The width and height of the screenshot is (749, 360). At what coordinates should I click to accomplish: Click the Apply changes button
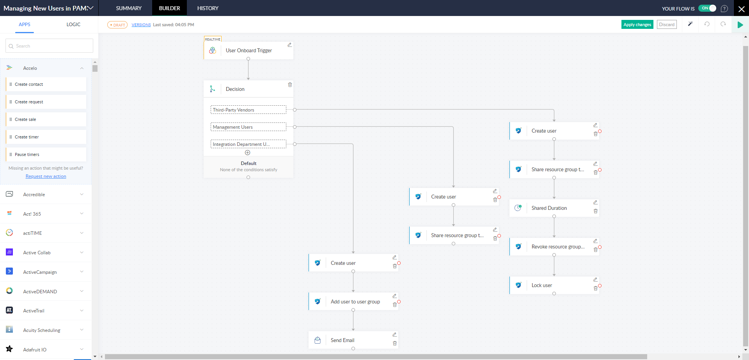pyautogui.click(x=637, y=25)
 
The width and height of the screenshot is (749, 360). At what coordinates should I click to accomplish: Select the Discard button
pyautogui.click(x=667, y=25)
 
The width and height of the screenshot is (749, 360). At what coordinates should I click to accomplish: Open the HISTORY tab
pyautogui.click(x=208, y=8)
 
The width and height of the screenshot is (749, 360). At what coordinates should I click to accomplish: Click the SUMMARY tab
pyautogui.click(x=129, y=8)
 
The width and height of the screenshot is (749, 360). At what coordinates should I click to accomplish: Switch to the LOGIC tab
pyautogui.click(x=73, y=25)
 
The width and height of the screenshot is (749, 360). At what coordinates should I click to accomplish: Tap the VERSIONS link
pyautogui.click(x=141, y=25)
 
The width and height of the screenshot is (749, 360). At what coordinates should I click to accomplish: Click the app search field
pyautogui.click(x=50, y=46)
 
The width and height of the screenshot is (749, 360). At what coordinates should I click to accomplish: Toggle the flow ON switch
pyautogui.click(x=707, y=8)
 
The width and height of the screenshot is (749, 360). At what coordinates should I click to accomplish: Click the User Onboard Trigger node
pyautogui.click(x=248, y=51)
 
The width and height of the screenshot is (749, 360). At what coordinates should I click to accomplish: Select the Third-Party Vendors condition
pyautogui.click(x=248, y=110)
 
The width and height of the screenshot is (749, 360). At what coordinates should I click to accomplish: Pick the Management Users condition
pyautogui.click(x=248, y=127)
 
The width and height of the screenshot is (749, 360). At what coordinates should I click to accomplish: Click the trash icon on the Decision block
pyautogui.click(x=290, y=85)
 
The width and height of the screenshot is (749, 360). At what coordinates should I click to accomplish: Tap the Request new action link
pyautogui.click(x=46, y=177)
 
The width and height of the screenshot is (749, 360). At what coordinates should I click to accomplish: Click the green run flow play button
pyautogui.click(x=740, y=25)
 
